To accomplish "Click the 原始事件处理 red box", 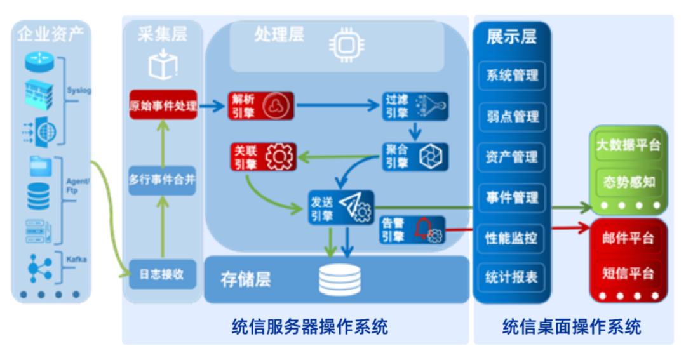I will [163, 105].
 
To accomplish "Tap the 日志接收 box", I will [163, 274].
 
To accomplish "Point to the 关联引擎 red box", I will [261, 157].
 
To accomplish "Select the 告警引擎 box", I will [412, 230].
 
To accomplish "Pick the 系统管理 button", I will [512, 76].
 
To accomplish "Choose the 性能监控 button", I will [512, 238].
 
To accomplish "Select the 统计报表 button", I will [512, 277].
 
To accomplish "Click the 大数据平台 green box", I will [628, 145].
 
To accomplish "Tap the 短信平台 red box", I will [628, 274].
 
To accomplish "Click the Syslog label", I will [79, 90].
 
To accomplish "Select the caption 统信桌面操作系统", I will [572, 328].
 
